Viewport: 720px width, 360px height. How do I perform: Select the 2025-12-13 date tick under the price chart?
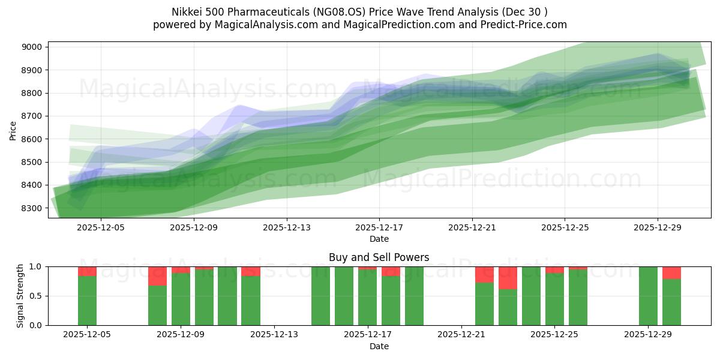click(x=286, y=227)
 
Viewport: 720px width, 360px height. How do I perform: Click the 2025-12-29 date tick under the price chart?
click(x=657, y=227)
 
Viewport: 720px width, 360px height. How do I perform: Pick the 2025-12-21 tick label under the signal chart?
click(x=461, y=335)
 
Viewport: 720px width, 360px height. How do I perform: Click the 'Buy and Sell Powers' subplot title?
click(x=379, y=257)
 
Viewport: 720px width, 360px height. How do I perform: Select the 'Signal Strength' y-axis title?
click(x=20, y=296)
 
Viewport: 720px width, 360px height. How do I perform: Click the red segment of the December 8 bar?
click(x=158, y=276)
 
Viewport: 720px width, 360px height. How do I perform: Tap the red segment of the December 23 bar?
click(x=508, y=278)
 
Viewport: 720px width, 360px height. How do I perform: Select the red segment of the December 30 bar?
click(x=671, y=273)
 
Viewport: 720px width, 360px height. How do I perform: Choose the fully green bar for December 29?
click(x=648, y=296)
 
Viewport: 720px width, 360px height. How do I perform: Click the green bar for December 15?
click(x=321, y=296)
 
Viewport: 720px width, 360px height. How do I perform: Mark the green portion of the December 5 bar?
click(x=88, y=301)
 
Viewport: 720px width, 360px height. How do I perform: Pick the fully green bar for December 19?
click(x=414, y=296)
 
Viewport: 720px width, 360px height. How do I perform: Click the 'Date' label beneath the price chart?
click(x=379, y=239)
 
